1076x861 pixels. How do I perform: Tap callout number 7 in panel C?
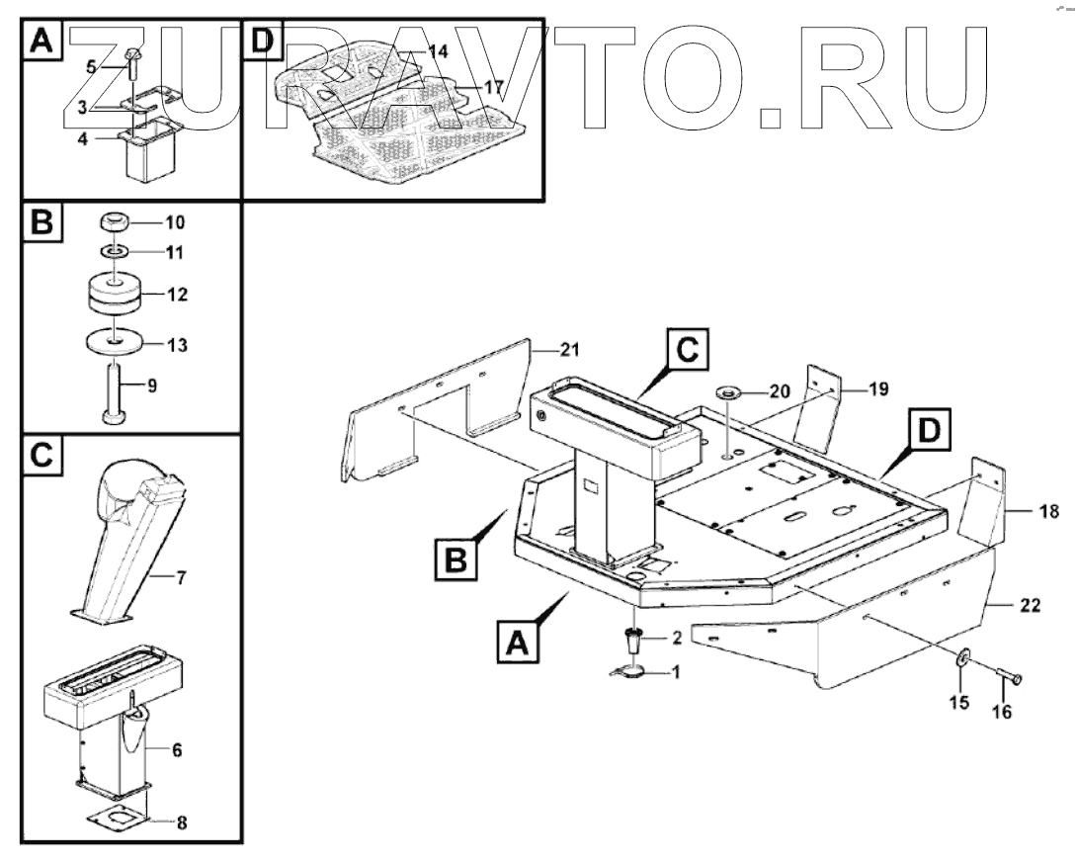[x=180, y=577]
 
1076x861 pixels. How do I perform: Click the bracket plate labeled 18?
[x=988, y=504]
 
